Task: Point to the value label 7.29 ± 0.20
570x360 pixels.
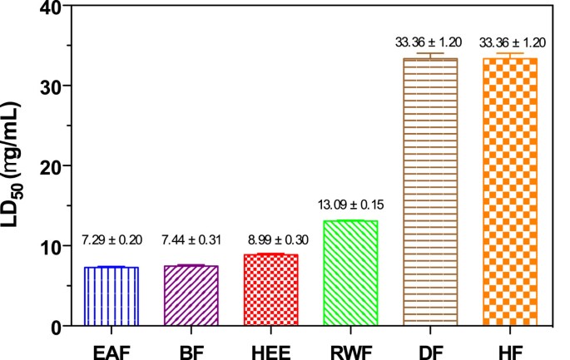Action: coord(112,241)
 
